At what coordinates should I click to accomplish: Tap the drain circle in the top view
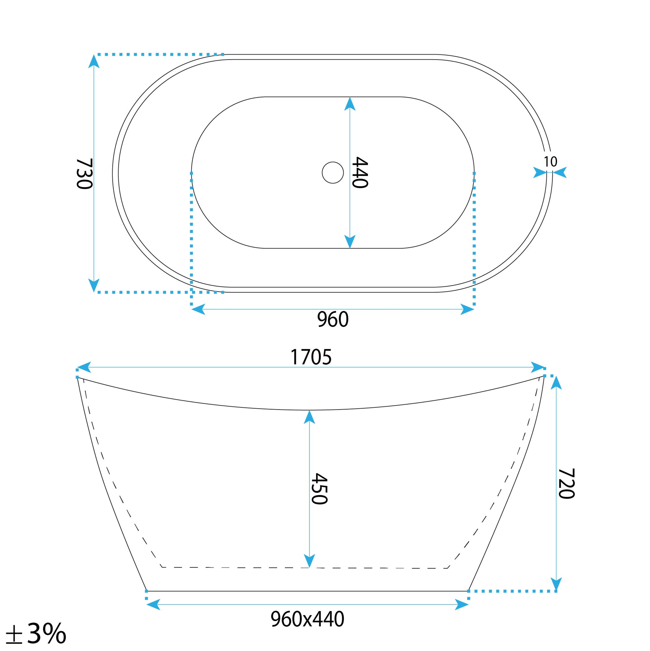[x=333, y=173]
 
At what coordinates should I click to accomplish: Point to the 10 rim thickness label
[x=551, y=162]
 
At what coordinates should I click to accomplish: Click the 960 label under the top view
[x=333, y=319]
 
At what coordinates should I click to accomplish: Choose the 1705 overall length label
[x=311, y=357]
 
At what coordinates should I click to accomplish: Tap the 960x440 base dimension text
[x=307, y=619]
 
